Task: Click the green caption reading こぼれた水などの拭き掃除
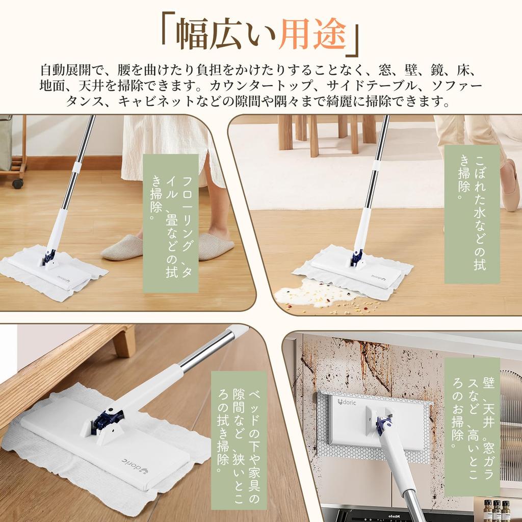pyautogui.click(x=472, y=214)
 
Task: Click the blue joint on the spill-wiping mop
pyautogui.click(x=357, y=258)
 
